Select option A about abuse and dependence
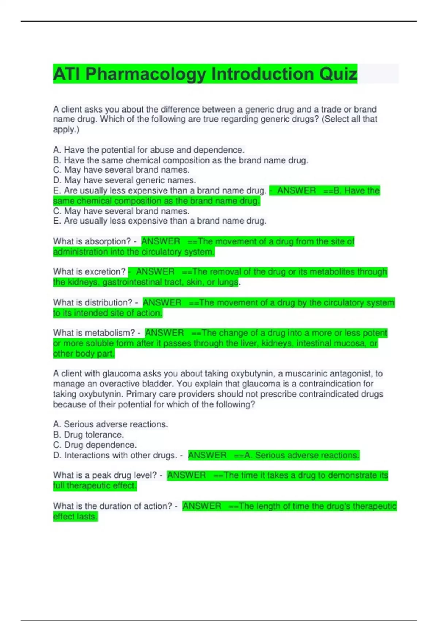[x=149, y=150]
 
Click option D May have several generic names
[x=124, y=180]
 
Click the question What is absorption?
[x=92, y=241]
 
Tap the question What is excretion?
[x=89, y=272]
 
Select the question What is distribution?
[x=93, y=302]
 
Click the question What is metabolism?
[x=94, y=333]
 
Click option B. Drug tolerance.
[x=88, y=435]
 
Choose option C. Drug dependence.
[x=95, y=445]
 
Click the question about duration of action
[x=112, y=506]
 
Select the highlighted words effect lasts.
[x=75, y=517]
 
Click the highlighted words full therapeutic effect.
[x=95, y=485]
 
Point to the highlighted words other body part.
[x=84, y=354]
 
